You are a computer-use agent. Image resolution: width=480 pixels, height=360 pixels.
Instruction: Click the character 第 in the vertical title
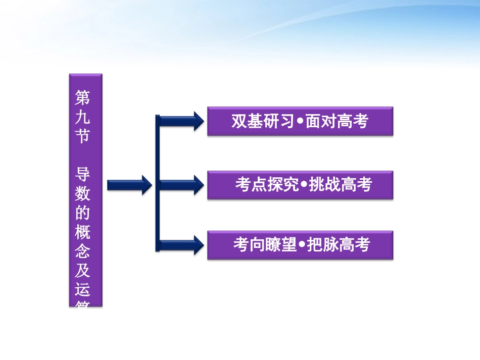pyautogui.click(x=82, y=96)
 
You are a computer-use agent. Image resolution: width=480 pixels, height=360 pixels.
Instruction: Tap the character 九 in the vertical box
pyautogui.click(x=82, y=116)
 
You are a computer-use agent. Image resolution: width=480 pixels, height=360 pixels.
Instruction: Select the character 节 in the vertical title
pyautogui.click(x=82, y=136)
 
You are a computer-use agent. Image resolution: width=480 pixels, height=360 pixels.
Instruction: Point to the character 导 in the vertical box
pyautogui.click(x=82, y=174)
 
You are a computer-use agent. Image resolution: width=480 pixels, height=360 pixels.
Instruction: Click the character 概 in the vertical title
pyautogui.click(x=82, y=232)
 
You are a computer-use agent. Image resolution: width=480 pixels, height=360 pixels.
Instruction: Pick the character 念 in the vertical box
pyautogui.click(x=82, y=251)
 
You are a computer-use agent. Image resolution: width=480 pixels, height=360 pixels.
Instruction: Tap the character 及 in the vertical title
pyautogui.click(x=82, y=271)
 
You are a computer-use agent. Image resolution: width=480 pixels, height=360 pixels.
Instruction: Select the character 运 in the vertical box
pyautogui.click(x=82, y=290)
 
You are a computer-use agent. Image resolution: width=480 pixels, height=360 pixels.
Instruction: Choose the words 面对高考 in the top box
pyautogui.click(x=337, y=122)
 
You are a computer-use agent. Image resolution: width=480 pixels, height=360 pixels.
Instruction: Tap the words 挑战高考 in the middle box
pyautogui.click(x=340, y=185)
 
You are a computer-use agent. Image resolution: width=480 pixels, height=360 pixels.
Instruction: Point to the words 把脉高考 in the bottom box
pyautogui.click(x=339, y=245)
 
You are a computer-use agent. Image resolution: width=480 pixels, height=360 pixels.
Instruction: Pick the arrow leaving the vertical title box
pyautogui.click(x=129, y=185)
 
